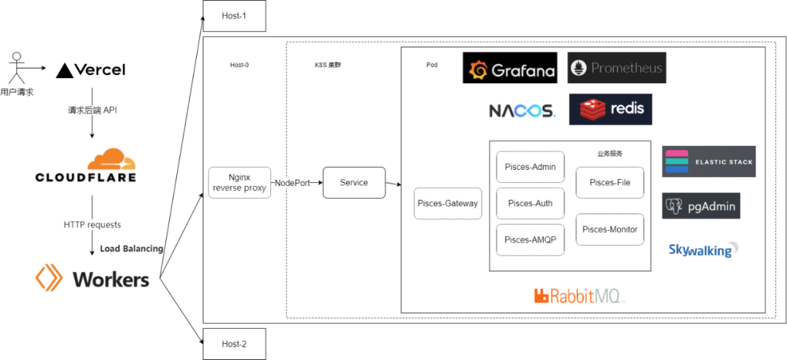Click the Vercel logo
pos(92,69)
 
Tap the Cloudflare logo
pos(92,167)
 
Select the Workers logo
pos(92,278)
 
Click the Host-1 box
pos(234,16)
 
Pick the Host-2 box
pos(234,344)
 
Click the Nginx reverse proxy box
pos(239,183)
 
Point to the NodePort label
pos(292,183)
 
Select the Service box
pos(354,183)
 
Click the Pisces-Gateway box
pos(447,203)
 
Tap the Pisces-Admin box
pos(530,167)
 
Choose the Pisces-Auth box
pos(530,203)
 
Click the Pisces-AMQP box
pos(530,240)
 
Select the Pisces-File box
pos(610,182)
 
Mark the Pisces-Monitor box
pos(610,230)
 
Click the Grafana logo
pos(510,69)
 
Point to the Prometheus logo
pos(616,69)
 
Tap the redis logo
pos(611,109)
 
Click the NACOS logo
pos(522,111)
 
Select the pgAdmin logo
pos(701,206)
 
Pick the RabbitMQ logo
pos(579,296)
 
